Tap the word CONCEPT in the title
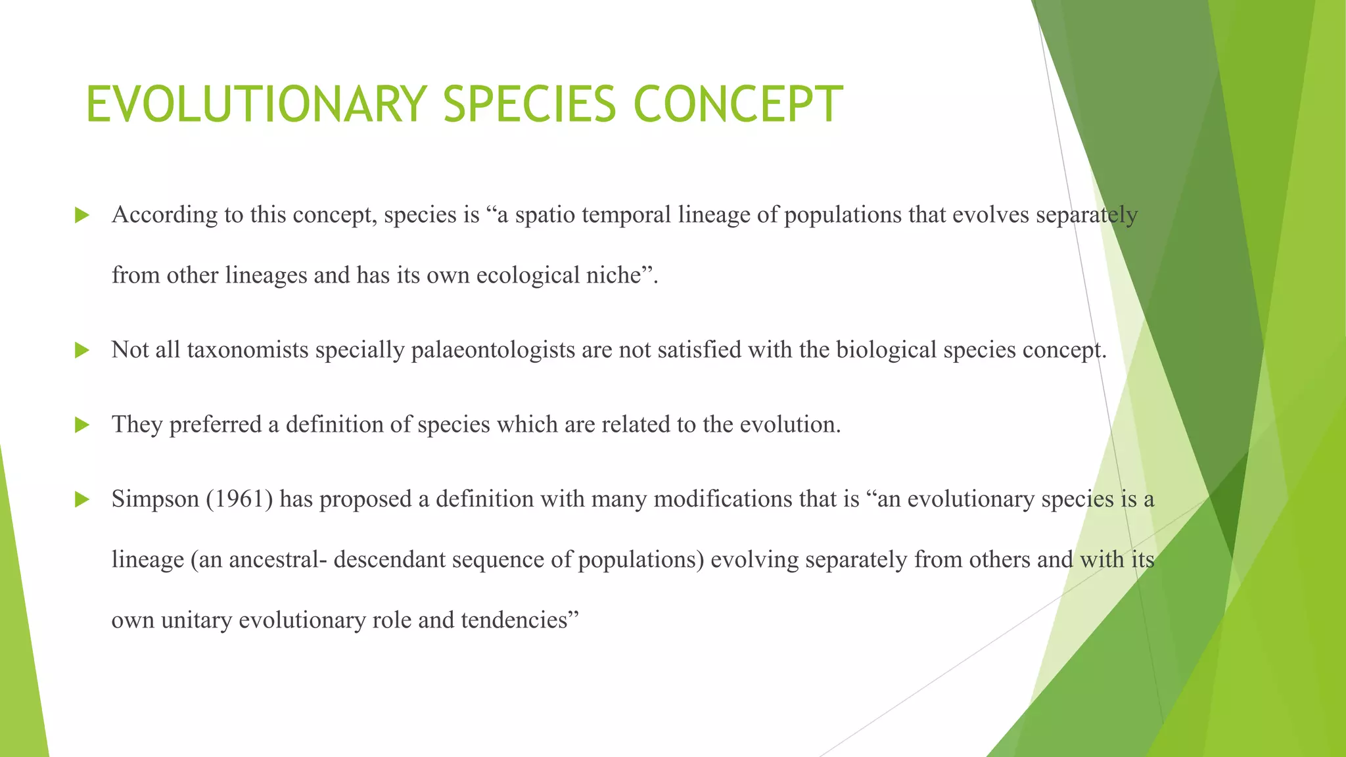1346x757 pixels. [737, 104]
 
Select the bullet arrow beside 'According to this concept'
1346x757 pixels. [82, 215]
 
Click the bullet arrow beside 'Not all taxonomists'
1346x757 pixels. [82, 350]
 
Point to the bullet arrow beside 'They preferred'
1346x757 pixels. [82, 425]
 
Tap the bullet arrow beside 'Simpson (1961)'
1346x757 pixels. [82, 499]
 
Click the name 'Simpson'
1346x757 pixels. [155, 499]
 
